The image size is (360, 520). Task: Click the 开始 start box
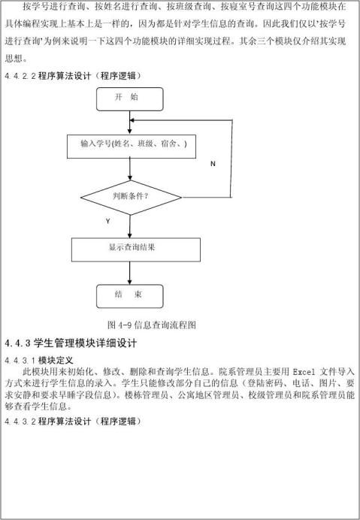click(x=130, y=99)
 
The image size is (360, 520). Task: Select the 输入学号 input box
click(x=132, y=147)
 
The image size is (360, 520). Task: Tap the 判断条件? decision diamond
click(x=131, y=198)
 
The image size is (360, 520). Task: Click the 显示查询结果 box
click(x=136, y=249)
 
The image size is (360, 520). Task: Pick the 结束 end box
click(x=130, y=296)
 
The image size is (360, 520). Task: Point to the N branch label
click(x=213, y=164)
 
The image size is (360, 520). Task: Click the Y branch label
click(x=107, y=221)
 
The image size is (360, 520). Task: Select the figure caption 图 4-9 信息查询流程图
click(x=152, y=325)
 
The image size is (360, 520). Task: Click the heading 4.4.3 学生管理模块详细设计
click(x=71, y=343)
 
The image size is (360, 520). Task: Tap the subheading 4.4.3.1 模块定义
click(x=39, y=360)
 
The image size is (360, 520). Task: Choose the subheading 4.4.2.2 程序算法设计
click(x=73, y=76)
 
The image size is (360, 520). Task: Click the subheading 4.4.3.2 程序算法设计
click(x=73, y=421)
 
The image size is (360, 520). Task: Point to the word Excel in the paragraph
click(x=304, y=372)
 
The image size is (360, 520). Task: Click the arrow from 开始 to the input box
click(x=130, y=122)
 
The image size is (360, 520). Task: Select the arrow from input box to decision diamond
click(x=130, y=169)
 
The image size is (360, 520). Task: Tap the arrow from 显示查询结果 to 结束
click(x=130, y=273)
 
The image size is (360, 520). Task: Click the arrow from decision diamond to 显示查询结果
click(x=130, y=226)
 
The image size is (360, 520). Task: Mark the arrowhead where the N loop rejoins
click(x=132, y=120)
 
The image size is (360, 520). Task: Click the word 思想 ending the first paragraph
click(x=14, y=59)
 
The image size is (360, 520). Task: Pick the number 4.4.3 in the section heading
click(x=17, y=343)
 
